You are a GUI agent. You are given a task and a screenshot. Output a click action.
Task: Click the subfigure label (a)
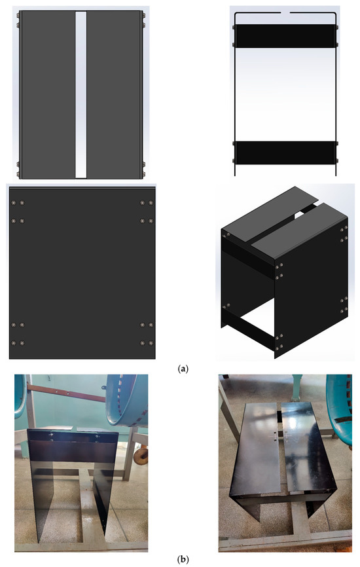coord(183,369)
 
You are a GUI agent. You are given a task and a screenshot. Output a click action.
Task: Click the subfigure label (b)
coord(183,559)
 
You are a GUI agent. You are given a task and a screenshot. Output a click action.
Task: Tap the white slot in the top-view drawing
coord(81,95)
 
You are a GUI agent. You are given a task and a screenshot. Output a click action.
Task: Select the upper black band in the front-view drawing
coord(285,36)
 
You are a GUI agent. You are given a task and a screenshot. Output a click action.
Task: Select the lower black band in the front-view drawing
coord(285,153)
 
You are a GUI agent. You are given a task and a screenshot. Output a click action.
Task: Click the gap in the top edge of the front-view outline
coord(285,13)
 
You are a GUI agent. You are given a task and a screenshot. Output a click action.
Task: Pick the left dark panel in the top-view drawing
coord(48,95)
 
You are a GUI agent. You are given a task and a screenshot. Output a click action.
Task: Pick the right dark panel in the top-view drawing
coord(115,95)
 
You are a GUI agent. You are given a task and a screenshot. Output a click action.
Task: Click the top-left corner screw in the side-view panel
coord(14,202)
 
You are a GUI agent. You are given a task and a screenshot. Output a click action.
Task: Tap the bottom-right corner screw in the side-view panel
coord(151,343)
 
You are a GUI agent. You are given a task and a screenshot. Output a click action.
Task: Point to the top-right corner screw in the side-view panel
coord(151,202)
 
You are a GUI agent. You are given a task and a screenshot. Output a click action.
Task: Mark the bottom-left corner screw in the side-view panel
coord(14,343)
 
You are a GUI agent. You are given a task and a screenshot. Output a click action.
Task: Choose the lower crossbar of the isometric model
coord(249,327)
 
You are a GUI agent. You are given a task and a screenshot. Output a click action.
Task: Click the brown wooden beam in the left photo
coord(67,393)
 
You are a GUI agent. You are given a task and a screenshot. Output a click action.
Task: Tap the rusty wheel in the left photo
coord(141,456)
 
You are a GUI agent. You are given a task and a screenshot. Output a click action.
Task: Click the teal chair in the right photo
coord(340,404)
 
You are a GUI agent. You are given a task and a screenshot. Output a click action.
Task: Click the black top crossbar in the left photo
coord(73,436)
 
